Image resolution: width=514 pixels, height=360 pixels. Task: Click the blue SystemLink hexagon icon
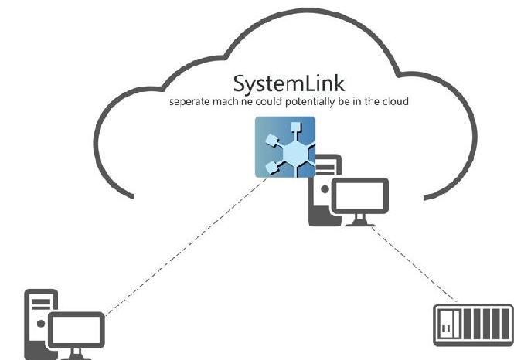(x=285, y=147)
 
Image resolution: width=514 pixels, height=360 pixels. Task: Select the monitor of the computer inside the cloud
(x=359, y=198)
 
